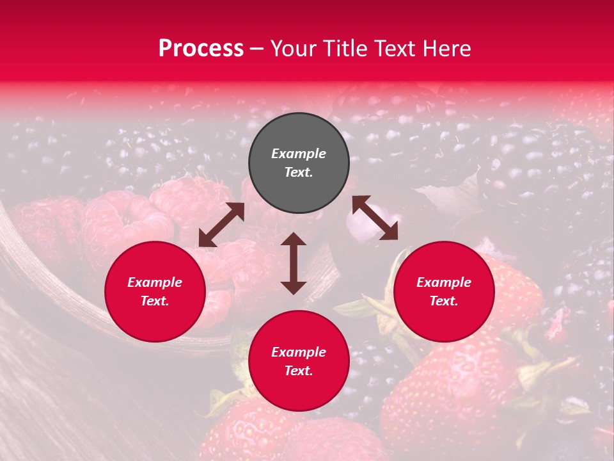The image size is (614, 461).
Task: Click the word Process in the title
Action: point(201,49)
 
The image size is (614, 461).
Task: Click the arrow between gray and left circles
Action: point(221,225)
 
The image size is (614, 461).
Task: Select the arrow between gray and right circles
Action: point(375,218)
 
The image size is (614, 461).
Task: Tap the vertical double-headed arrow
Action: point(294,263)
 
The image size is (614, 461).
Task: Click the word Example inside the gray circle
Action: point(299,154)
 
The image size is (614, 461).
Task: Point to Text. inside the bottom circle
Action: point(299,371)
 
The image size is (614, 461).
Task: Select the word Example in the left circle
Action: point(155,282)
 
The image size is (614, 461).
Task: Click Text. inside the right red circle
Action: point(444,301)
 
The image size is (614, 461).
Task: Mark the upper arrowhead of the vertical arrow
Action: point(294,239)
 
